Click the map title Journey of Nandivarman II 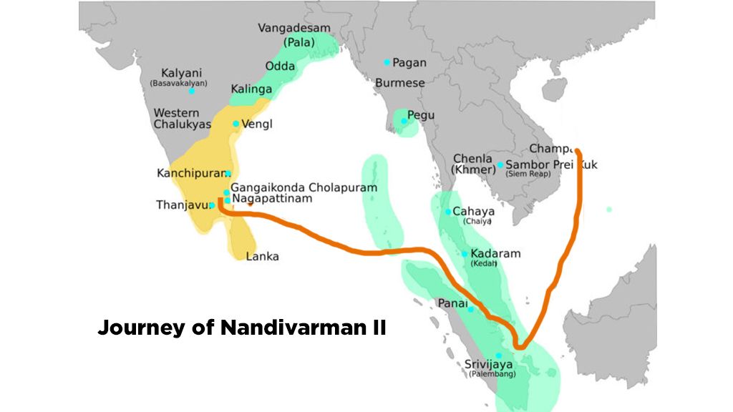coord(242,328)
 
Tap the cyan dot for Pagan coord(387,62)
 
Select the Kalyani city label coord(181,74)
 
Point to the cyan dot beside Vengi coord(236,124)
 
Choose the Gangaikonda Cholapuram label coord(304,187)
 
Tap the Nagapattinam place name coord(273,198)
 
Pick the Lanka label coord(262,257)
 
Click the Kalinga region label coord(251,89)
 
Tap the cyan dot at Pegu coord(404,121)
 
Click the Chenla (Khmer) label coord(473,164)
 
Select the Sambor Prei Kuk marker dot coord(500,165)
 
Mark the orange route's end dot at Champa coord(578,152)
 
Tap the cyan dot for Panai coord(470,309)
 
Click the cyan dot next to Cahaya coord(448,212)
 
